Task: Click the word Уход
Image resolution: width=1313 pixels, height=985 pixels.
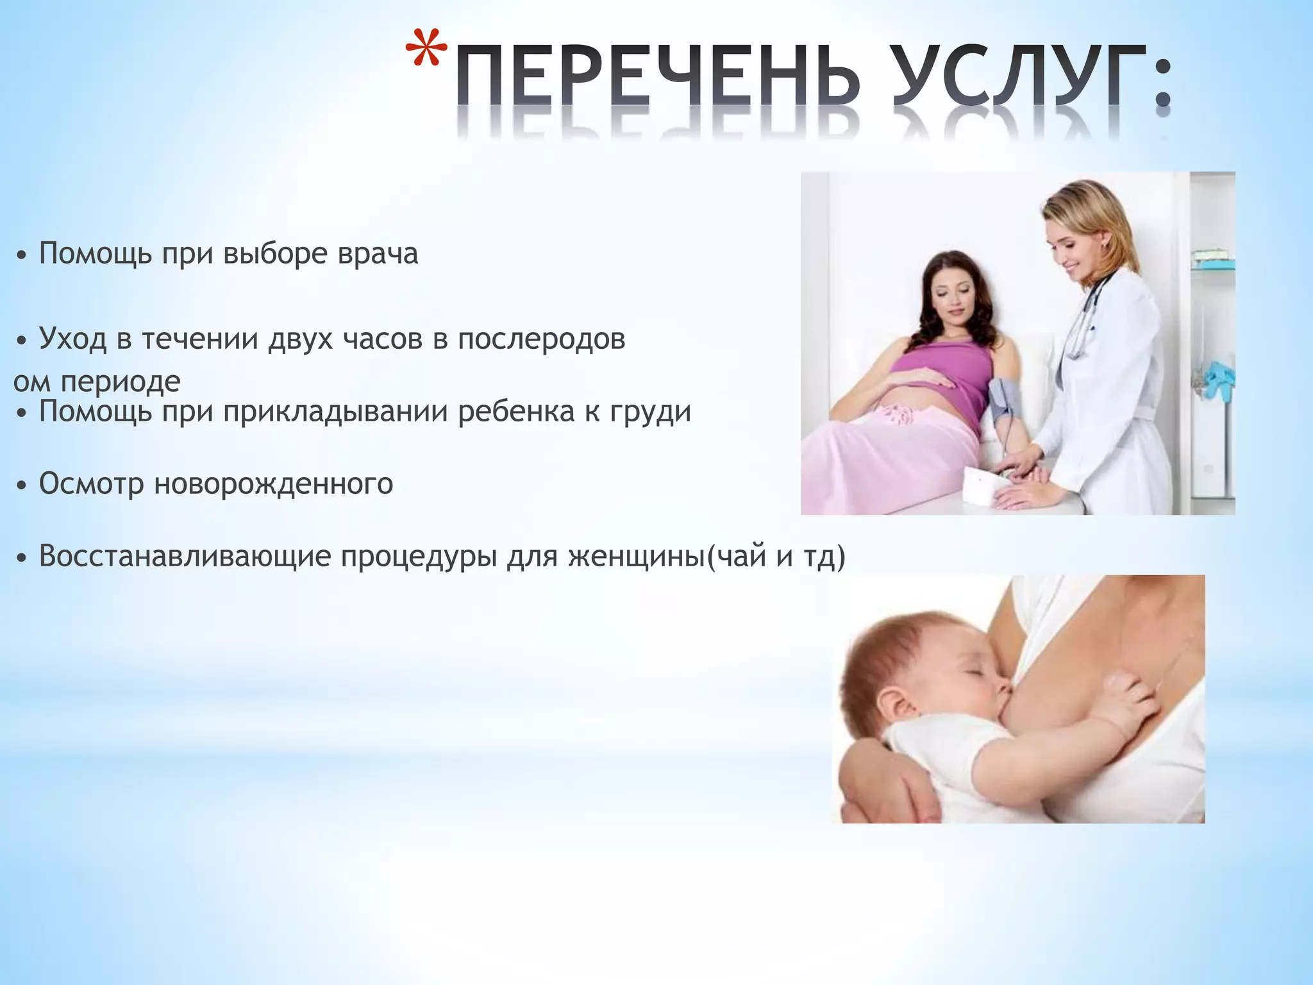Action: pos(72,339)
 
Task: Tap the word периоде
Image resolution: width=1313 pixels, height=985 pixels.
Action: pos(121,382)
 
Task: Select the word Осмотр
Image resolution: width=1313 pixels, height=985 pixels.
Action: pos(92,484)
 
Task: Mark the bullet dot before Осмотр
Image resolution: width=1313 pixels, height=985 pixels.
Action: pos(22,486)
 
